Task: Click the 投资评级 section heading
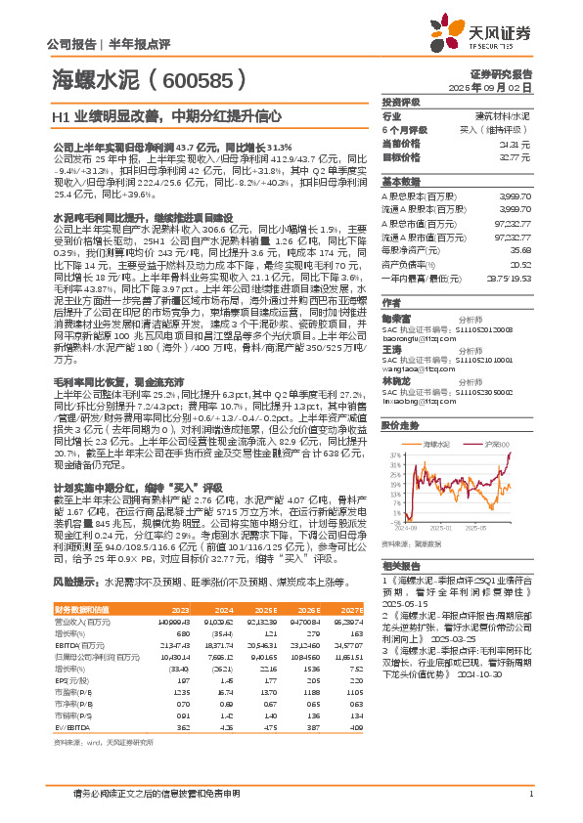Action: [401, 102]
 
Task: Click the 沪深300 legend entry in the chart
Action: [492, 416]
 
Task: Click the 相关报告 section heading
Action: [401, 566]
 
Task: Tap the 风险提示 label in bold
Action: [73, 581]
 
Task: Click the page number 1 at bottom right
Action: [530, 794]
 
